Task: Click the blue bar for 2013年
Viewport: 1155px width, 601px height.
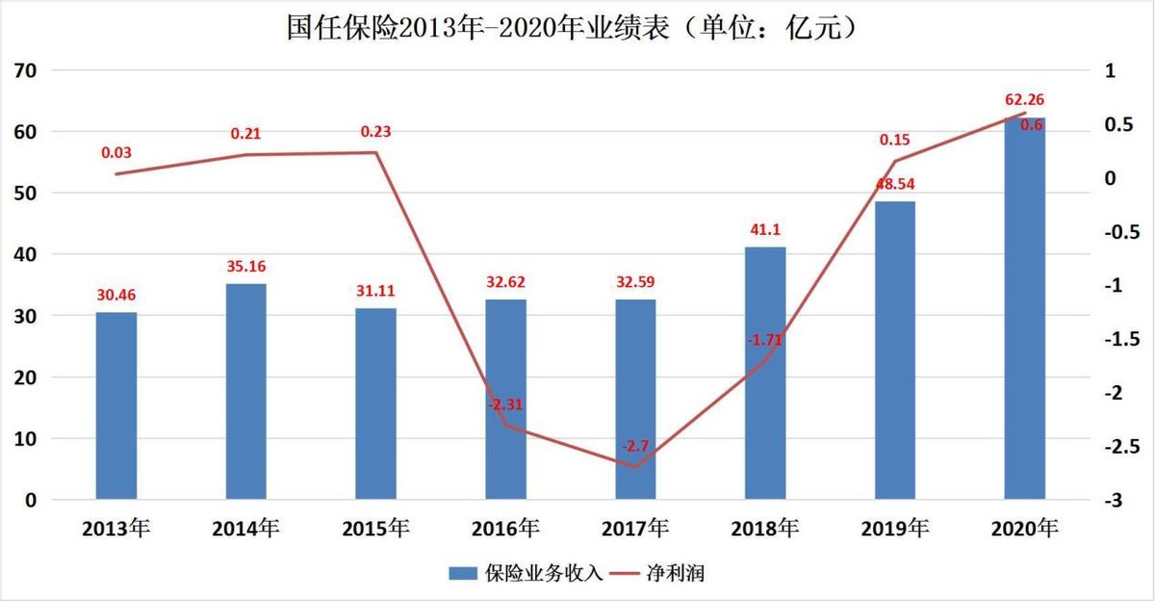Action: coord(116,405)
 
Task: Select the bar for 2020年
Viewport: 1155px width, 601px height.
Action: coord(1024,308)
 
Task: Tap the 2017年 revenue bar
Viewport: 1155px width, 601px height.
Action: coord(635,400)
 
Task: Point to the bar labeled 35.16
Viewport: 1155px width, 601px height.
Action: coord(246,391)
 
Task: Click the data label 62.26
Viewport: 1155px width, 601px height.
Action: coord(1024,99)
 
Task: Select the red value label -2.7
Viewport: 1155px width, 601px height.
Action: coord(635,446)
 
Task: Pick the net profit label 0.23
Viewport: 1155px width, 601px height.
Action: coord(376,132)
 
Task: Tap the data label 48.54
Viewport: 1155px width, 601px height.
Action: coord(894,184)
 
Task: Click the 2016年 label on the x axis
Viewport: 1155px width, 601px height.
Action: coord(506,528)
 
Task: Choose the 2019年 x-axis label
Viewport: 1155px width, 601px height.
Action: coord(895,528)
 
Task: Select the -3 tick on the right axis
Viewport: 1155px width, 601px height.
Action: coord(1113,501)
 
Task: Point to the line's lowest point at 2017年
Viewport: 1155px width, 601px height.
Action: coord(635,467)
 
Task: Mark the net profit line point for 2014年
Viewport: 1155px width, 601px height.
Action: coord(246,155)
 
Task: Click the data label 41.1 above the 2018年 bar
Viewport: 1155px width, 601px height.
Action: coord(765,230)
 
